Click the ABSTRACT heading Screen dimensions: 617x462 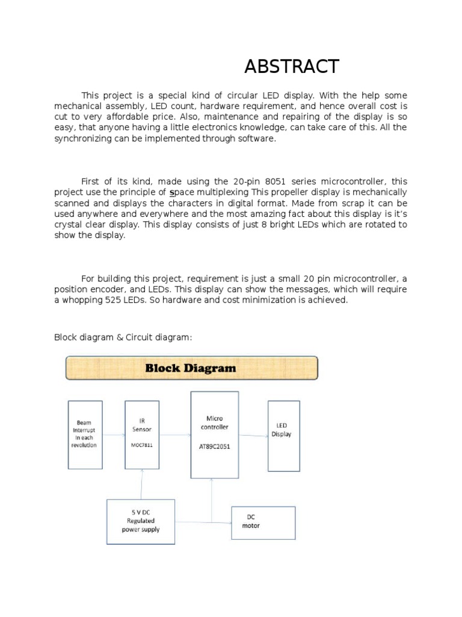point(292,66)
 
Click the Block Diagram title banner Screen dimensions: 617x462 point(191,368)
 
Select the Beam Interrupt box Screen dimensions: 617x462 point(85,434)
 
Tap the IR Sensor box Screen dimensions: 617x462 point(142,434)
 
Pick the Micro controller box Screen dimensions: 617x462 point(215,434)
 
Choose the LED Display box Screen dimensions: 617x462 point(283,436)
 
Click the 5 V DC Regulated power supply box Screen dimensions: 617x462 point(141,522)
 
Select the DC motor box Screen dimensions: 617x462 point(263,522)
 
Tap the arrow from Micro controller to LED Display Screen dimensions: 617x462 point(253,436)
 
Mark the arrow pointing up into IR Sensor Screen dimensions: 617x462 point(142,482)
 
